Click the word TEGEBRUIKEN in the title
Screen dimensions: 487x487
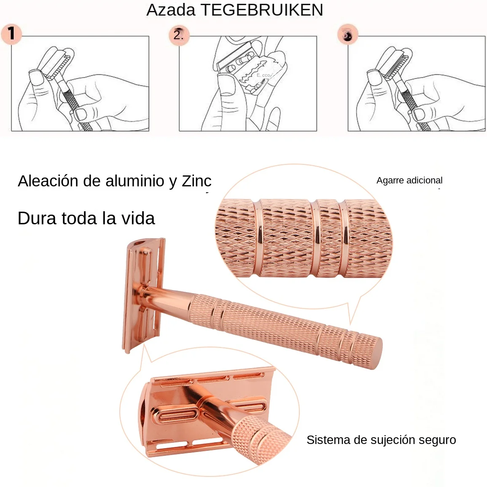262,10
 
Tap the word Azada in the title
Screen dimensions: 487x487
171,10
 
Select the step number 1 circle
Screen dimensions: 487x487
11,34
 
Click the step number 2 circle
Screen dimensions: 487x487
179,35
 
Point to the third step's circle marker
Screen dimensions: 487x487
347,35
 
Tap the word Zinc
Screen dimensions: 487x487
196,181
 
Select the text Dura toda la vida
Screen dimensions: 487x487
86,218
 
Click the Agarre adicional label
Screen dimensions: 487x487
409,180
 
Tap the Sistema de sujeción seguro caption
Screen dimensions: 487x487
381,440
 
